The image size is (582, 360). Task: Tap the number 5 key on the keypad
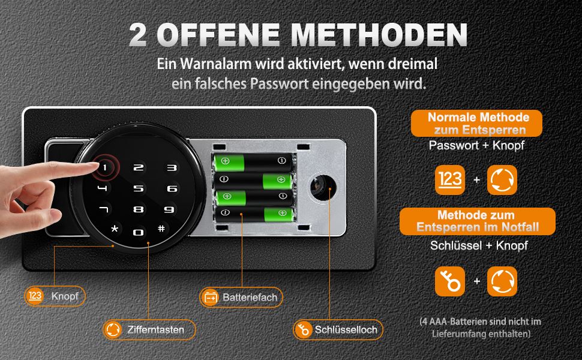click(139, 188)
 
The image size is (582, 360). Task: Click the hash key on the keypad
click(161, 228)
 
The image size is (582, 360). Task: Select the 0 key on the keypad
click(138, 233)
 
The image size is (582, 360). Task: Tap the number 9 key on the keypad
click(169, 209)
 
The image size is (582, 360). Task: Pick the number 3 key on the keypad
click(172, 168)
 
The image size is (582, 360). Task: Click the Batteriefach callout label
click(241, 297)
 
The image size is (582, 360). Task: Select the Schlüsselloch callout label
click(338, 329)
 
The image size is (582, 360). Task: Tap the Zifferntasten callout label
click(149, 329)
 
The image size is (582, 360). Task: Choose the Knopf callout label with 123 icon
click(55, 296)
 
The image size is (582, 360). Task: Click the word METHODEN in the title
click(379, 35)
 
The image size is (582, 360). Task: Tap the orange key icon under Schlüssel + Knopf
click(450, 281)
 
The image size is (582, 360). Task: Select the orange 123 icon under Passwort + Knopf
click(450, 180)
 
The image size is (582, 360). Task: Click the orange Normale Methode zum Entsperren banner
click(476, 123)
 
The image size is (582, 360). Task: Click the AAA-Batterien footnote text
click(480, 328)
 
